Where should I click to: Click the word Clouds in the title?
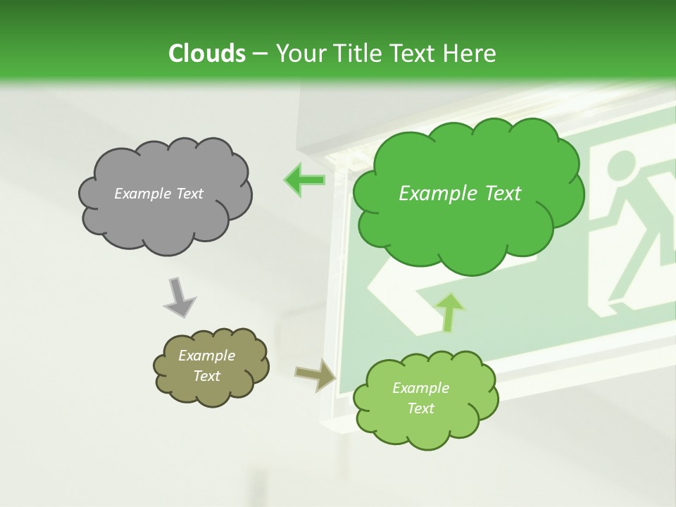click(206, 54)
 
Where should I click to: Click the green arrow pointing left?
click(304, 180)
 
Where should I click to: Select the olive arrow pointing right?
click(316, 375)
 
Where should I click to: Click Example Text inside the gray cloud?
click(158, 194)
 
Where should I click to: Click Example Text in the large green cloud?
click(460, 194)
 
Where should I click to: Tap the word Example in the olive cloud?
click(206, 356)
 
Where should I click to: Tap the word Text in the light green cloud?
click(420, 408)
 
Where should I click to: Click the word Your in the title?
click(299, 54)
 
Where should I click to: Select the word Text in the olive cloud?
click(206, 376)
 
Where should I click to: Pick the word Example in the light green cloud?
click(420, 388)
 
